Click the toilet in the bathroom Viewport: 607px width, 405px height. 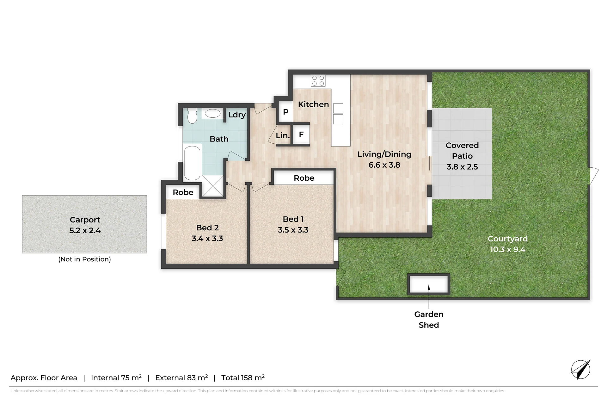tap(192, 116)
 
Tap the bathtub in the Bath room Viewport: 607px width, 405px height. tap(192, 163)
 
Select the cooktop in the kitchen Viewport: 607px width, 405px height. tap(318, 80)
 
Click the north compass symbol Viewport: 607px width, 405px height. tap(581, 370)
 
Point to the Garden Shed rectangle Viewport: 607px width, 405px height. tap(429, 284)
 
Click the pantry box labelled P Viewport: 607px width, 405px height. tap(285, 112)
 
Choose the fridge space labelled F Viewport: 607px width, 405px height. tap(301, 135)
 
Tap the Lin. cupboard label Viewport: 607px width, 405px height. tap(283, 136)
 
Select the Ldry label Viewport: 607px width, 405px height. tap(237, 115)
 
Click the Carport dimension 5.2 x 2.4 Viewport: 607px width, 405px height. tap(85, 230)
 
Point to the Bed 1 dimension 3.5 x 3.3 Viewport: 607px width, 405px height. tap(293, 230)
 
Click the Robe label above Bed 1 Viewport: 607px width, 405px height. tap(304, 178)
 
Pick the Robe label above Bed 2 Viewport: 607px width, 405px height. tap(183, 192)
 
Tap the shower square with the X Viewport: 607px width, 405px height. tap(212, 186)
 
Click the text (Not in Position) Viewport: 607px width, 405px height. tap(84, 259)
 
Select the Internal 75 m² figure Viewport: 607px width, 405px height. tap(116, 377)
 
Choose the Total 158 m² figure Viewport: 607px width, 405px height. tap(243, 377)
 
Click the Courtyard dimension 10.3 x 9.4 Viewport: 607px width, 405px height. tap(507, 249)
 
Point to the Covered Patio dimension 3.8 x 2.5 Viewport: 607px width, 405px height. tap(462, 167)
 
